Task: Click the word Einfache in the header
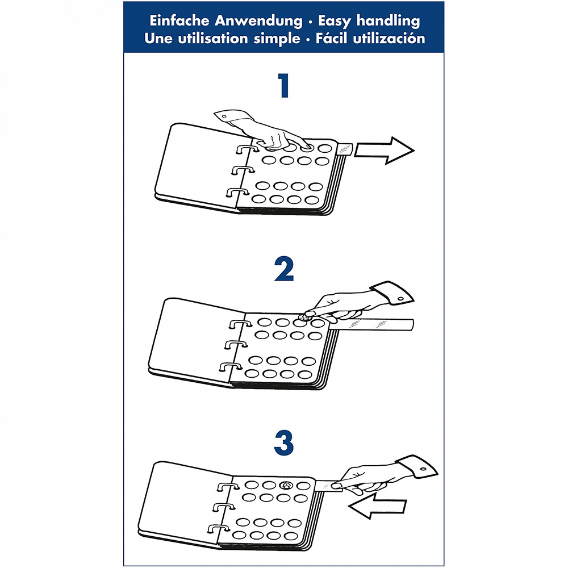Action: [x=179, y=20]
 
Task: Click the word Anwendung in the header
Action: [x=258, y=22]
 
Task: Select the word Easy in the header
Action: [x=335, y=22]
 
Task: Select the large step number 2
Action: [x=284, y=269]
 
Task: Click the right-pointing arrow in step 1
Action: [x=384, y=151]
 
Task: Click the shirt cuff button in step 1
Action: [x=224, y=117]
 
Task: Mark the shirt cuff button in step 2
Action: [x=400, y=299]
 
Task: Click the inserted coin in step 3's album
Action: [x=286, y=485]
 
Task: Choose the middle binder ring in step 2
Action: [x=236, y=345]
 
